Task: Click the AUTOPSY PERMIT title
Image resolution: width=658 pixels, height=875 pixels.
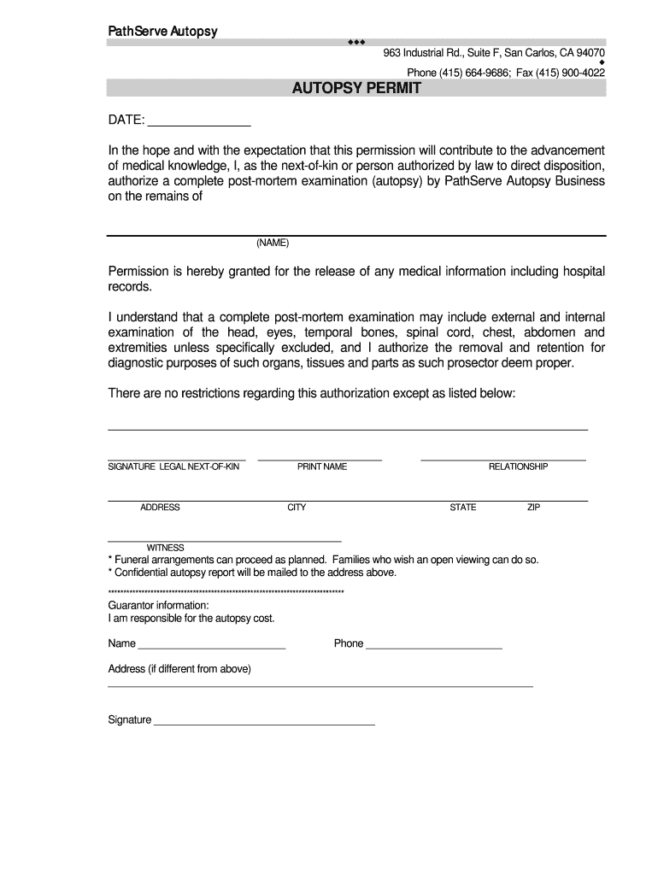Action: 356,88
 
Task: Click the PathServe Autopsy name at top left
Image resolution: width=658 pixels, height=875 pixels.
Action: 162,32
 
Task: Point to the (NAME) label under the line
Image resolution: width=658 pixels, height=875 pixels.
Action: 273,243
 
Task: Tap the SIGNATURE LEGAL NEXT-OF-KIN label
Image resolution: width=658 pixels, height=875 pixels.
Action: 173,467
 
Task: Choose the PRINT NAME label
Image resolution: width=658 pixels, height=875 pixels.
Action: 322,467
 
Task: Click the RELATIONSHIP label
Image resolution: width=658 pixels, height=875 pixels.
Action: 518,467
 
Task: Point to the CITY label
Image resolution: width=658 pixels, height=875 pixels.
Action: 297,508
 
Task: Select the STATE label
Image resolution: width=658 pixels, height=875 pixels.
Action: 463,508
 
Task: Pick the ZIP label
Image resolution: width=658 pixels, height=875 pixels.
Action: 533,508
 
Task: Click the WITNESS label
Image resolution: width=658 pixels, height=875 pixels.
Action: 166,548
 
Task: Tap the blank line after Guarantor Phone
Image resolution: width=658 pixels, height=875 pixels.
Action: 434,649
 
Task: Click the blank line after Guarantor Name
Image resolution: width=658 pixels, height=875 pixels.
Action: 211,649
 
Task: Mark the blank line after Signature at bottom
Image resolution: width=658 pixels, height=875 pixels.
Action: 263,724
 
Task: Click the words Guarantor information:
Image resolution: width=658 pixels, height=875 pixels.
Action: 158,606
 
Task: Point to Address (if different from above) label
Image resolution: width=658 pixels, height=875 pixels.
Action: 179,669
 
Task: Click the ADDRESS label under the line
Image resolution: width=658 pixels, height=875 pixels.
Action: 160,508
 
